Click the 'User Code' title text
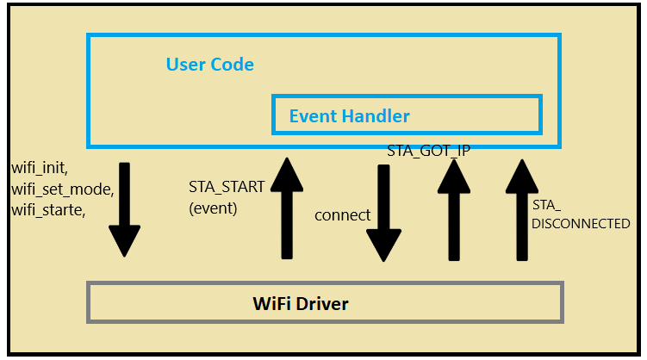(209, 65)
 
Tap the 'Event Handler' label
(349, 116)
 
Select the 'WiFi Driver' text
(301, 304)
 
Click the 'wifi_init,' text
(40, 168)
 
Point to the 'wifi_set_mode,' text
(63, 189)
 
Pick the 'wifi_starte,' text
(48, 210)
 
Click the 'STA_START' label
(227, 187)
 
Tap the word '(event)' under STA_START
(213, 208)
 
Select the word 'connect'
(343, 215)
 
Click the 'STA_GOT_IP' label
(428, 151)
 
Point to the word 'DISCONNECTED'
(581, 224)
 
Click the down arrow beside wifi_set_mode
(125, 209)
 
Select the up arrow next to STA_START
(287, 208)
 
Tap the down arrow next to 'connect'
(383, 214)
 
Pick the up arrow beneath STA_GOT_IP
(454, 210)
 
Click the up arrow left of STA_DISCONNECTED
(522, 210)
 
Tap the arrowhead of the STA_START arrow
(287, 175)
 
